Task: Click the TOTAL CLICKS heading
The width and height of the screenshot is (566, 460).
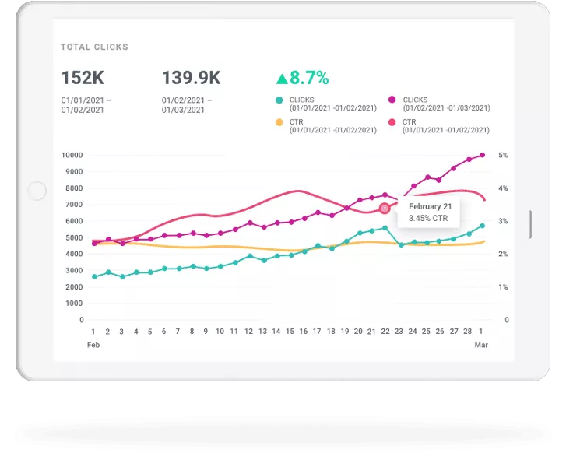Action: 94,47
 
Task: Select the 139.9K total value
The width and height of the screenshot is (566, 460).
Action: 191,78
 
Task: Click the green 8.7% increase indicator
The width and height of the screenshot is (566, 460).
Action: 302,78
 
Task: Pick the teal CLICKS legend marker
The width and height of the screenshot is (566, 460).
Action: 279,100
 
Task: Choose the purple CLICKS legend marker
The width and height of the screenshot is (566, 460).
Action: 392,100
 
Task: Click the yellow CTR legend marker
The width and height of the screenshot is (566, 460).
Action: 279,122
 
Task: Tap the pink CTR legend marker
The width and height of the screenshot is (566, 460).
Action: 392,122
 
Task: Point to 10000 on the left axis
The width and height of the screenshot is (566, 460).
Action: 72,155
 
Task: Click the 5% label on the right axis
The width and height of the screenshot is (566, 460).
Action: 503,155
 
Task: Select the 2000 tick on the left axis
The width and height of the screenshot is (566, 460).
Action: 74,287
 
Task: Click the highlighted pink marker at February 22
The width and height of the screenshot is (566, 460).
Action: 385,209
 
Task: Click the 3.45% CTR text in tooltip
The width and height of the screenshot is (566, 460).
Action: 427,219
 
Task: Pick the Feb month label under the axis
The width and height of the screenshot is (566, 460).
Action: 93,344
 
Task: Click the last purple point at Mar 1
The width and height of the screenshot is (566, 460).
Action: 483,155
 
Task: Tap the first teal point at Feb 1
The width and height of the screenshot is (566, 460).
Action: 94,276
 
